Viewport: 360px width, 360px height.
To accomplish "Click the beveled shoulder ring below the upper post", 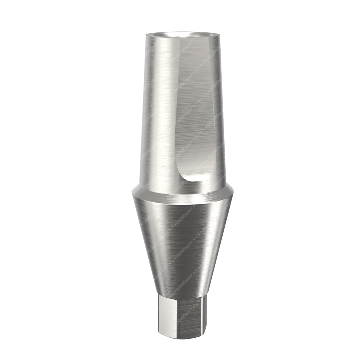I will tap(182, 193).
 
